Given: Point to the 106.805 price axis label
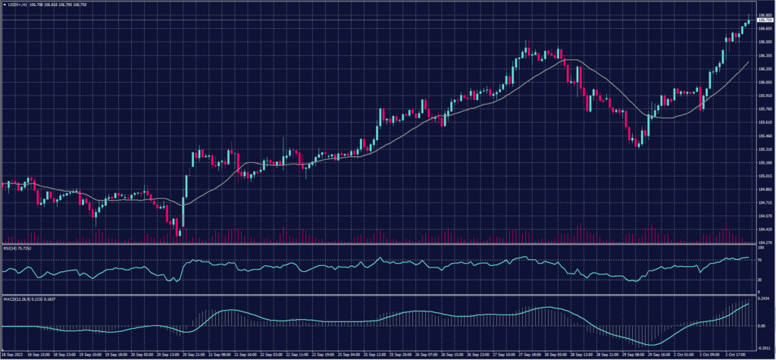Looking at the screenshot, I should point(763,14).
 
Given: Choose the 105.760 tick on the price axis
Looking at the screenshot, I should point(763,108).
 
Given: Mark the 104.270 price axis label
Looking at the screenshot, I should point(763,242).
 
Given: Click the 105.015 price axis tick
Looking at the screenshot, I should point(763,175).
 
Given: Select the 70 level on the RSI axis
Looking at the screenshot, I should point(759,260).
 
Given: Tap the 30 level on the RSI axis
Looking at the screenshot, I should point(759,280).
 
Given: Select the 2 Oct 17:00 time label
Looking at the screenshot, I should point(737,354).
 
